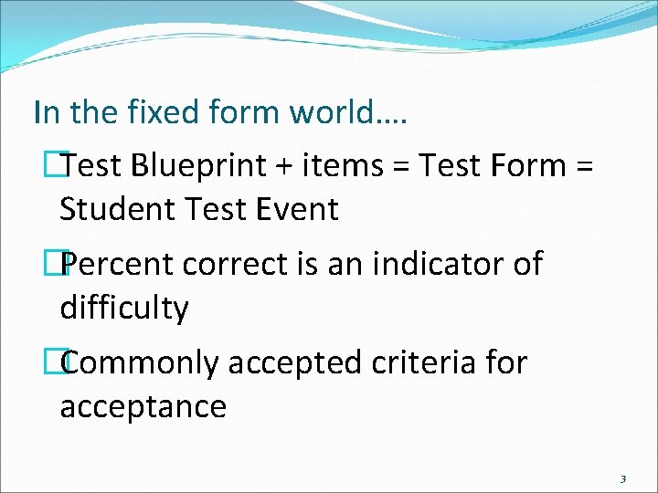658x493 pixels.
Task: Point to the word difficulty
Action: pos(124,308)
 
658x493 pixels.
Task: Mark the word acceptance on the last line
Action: pos(143,405)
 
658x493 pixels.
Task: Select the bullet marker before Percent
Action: pos(63,265)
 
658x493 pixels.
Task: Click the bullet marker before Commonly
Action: pos(63,363)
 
